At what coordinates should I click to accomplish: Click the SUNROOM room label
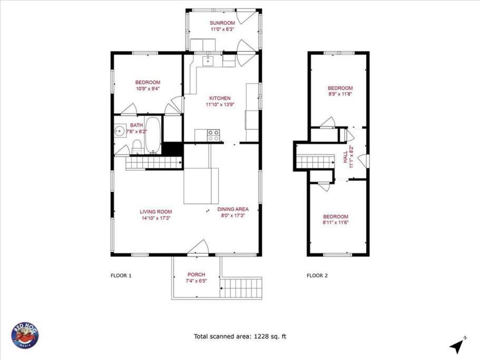pyautogui.click(x=222, y=23)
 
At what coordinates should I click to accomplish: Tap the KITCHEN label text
pyautogui.click(x=220, y=98)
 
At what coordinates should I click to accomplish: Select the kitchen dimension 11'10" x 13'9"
pyautogui.click(x=220, y=105)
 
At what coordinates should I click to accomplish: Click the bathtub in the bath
pyautogui.click(x=153, y=135)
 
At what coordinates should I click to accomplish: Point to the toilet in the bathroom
pyautogui.click(x=138, y=147)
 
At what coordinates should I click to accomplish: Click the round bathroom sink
pyautogui.click(x=120, y=132)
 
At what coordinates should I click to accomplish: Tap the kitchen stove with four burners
pyautogui.click(x=213, y=135)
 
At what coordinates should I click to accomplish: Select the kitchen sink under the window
pyautogui.click(x=209, y=61)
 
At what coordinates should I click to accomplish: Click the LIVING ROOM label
pyautogui.click(x=156, y=211)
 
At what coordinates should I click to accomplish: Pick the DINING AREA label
pyautogui.click(x=233, y=209)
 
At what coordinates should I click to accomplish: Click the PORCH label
pyautogui.click(x=196, y=275)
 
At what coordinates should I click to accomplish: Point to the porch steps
pyautogui.click(x=241, y=287)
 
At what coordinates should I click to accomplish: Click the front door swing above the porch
pyautogui.click(x=198, y=247)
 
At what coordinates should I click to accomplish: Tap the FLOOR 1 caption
pyautogui.click(x=121, y=276)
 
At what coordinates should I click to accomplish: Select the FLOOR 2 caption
pyautogui.click(x=317, y=276)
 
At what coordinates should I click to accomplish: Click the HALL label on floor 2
pyautogui.click(x=345, y=157)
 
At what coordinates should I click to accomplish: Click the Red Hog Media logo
pyautogui.click(x=25, y=335)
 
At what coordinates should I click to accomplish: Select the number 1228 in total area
pyautogui.click(x=260, y=336)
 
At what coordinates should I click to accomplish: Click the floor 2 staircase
pyautogui.click(x=315, y=162)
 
